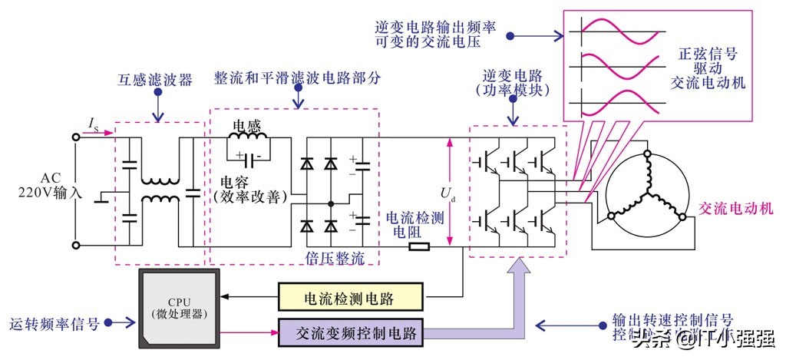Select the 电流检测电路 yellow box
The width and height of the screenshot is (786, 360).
[350, 297]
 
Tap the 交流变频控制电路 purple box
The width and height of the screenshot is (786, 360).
[350, 334]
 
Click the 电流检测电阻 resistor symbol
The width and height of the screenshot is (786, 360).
[418, 247]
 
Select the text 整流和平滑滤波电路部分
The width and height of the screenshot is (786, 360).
[296, 79]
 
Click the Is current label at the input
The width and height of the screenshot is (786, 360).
[93, 124]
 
